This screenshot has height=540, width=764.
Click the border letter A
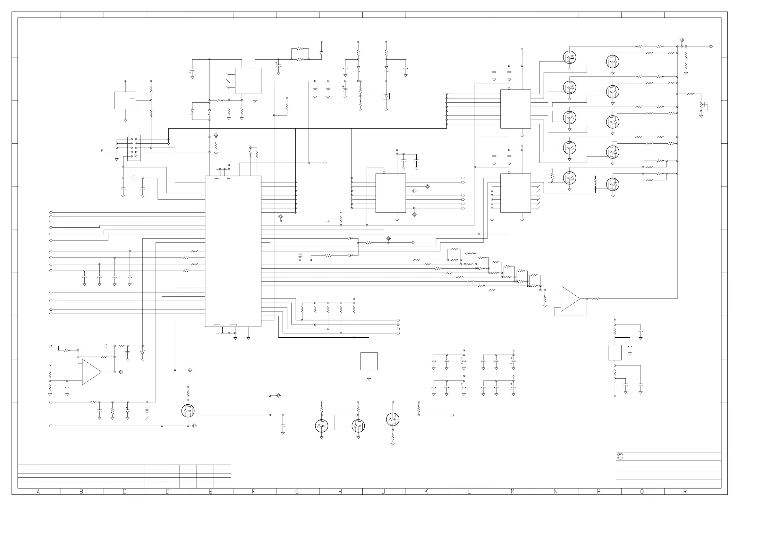coord(38,492)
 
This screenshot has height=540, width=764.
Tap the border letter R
coord(685,492)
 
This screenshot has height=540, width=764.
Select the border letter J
coord(383,492)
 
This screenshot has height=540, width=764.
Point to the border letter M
coord(513,492)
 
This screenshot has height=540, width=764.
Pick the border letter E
coord(210,492)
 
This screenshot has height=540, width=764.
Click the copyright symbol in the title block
coord(620,457)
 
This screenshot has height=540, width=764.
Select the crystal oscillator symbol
coord(134,178)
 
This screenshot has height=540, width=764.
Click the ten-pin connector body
coord(134,148)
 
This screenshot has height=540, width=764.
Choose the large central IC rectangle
coord(233,251)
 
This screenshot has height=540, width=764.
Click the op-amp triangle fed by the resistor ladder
coord(569,299)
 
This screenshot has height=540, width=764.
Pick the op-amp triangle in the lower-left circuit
coord(91,372)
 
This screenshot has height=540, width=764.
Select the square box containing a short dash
coord(125,100)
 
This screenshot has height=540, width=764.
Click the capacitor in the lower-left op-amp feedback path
coord(106,346)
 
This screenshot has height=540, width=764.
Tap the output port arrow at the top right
coord(711,46)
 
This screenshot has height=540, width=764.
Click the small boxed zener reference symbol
coord(386,96)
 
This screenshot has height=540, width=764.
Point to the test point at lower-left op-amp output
coord(121,372)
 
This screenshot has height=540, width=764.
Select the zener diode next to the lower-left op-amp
coord(143,352)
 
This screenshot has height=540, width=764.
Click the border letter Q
coord(642,492)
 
